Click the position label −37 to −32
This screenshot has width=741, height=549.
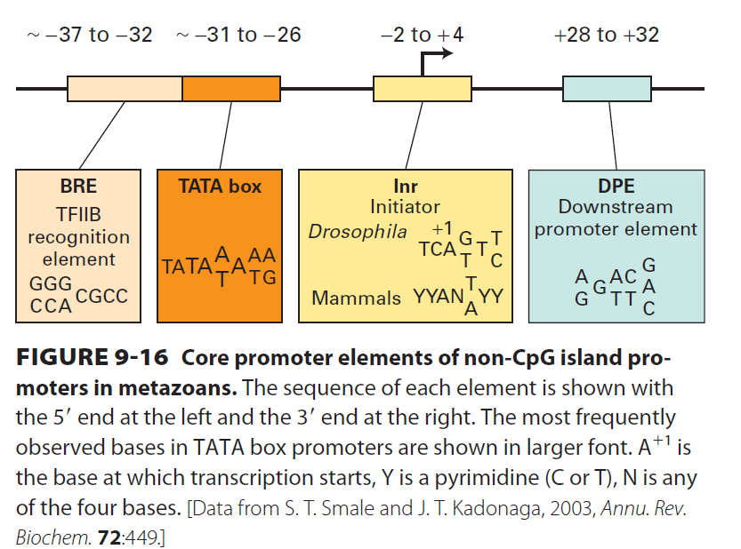[90, 36]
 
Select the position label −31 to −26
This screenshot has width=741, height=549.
[238, 36]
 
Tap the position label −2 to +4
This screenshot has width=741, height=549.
[421, 36]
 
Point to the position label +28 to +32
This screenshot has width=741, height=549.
[606, 36]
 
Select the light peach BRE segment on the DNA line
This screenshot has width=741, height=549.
[125, 89]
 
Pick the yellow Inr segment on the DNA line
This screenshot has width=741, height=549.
[422, 89]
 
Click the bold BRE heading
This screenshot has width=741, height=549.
[78, 187]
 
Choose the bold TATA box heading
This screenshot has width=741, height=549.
[220, 187]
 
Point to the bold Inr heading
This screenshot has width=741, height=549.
[405, 187]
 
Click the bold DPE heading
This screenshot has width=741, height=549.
[616, 187]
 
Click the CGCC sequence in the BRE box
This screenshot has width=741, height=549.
[102, 296]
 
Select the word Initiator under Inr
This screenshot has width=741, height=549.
[405, 207]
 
